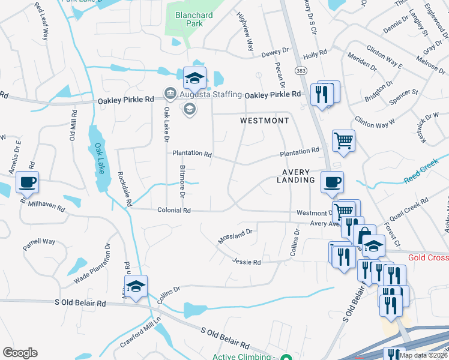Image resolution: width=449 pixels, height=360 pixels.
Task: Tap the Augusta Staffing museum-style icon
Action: [x=169, y=94]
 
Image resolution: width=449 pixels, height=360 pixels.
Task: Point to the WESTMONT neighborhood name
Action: [x=264, y=121]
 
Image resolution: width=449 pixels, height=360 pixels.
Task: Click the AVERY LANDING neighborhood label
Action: [x=295, y=176]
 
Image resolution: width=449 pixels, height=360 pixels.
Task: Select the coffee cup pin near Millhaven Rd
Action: [x=26, y=182]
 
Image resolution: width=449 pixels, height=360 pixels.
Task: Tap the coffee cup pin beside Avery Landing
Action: [x=331, y=182]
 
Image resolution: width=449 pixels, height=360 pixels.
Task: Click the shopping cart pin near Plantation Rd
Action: [x=343, y=141]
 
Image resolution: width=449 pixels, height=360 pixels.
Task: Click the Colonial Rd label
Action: [x=174, y=211]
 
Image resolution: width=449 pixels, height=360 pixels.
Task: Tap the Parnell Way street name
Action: [x=39, y=242]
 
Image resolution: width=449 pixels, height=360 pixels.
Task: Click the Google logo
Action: [x=20, y=352]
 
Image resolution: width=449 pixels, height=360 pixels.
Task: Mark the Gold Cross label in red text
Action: [x=428, y=257]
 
